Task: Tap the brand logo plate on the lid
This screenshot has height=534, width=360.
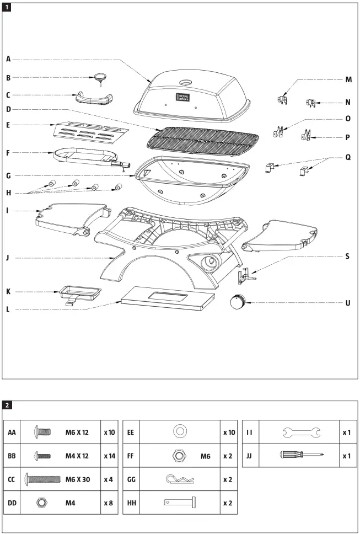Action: tap(182, 97)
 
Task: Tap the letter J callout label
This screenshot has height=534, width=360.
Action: tap(8, 257)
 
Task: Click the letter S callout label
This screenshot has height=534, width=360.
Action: tap(347, 257)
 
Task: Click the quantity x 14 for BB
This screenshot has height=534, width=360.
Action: tap(109, 456)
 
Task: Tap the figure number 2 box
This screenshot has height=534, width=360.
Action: tap(7, 405)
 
